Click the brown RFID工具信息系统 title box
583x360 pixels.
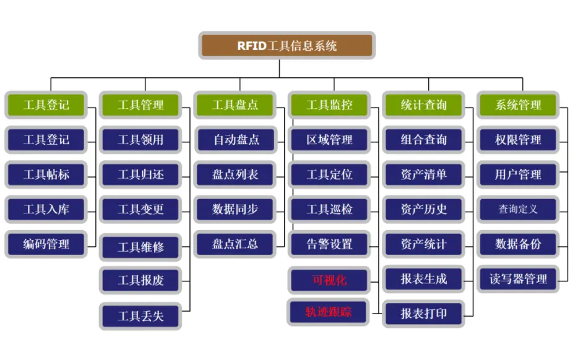(287, 46)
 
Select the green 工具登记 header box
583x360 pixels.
(46, 105)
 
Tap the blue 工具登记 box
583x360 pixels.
(46, 140)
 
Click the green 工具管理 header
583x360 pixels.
(141, 105)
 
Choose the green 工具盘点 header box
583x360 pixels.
(235, 105)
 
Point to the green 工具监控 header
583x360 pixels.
(330, 105)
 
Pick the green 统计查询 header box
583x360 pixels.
(424, 105)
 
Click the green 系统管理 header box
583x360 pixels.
(519, 105)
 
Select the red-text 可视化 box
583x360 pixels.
(330, 280)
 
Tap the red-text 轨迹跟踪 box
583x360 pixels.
(329, 312)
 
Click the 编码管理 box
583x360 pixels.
(46, 244)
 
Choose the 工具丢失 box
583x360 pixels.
(141, 317)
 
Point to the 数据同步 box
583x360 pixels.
(235, 209)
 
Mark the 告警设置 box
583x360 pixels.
(330, 244)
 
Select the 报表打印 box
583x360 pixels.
(424, 314)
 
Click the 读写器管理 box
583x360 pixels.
(519, 279)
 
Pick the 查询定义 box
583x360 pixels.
(519, 209)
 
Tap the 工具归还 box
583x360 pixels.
(141, 174)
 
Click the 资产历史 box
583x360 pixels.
(424, 209)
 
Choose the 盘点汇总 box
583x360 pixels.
(235, 244)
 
